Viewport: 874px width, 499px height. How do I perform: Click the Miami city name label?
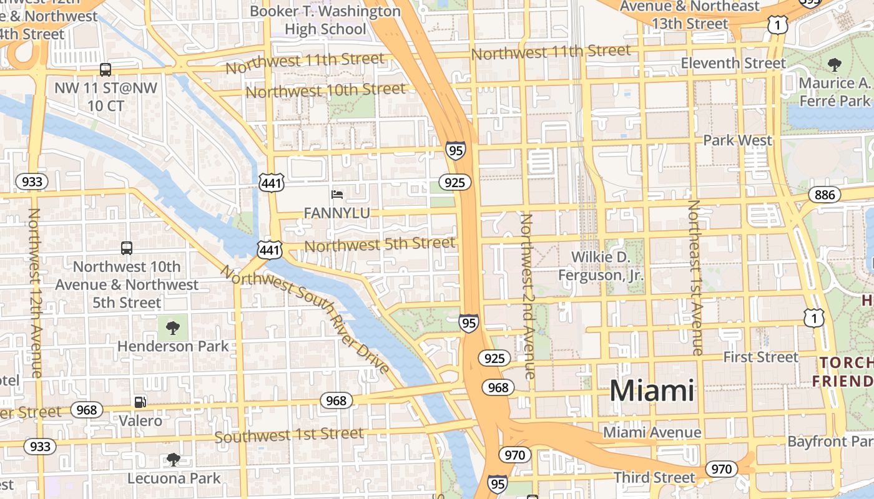tap(652, 391)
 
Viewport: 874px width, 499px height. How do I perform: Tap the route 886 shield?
tap(824, 195)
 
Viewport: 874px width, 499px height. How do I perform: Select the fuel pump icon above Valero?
tap(140, 402)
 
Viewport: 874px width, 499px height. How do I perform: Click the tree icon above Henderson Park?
tap(173, 327)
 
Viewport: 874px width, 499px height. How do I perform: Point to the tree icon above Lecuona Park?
tap(174, 460)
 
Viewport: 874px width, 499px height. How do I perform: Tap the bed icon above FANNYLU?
tap(337, 195)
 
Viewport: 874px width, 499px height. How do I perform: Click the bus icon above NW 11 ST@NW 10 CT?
tap(106, 69)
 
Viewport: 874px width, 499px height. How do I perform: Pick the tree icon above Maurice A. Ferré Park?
tap(833, 64)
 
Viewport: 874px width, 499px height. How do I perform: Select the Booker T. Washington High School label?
tap(325, 20)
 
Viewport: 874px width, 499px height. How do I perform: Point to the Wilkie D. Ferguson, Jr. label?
tap(600, 266)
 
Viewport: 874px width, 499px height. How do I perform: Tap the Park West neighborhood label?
tap(737, 140)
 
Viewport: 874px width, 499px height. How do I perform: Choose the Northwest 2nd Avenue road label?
tap(528, 296)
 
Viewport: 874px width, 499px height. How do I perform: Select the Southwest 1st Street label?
tap(288, 435)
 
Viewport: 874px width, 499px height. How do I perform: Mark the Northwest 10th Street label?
tap(325, 91)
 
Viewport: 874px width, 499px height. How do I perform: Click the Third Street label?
tap(654, 478)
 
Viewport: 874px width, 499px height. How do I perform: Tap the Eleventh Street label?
tap(733, 64)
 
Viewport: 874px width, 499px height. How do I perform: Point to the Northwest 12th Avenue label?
tap(35, 293)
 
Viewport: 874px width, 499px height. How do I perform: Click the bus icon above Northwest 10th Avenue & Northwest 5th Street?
tap(127, 248)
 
